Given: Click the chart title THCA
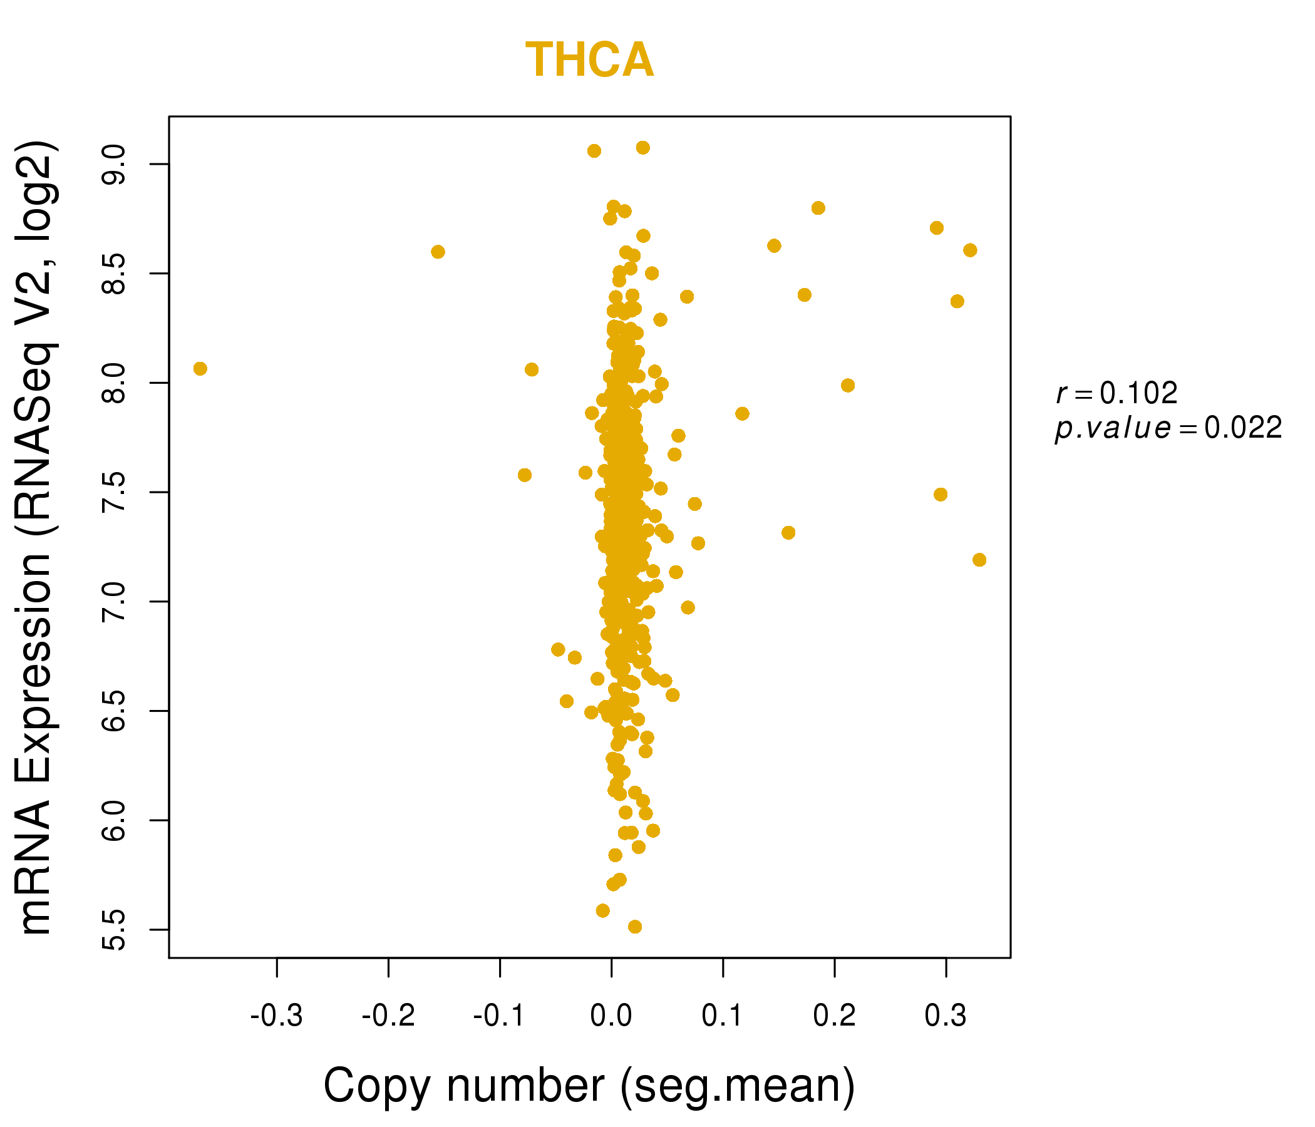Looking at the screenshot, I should (590, 60).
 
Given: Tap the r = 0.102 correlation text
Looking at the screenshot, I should (1117, 393).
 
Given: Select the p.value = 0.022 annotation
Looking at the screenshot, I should (1168, 428).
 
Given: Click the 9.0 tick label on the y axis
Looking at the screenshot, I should (114, 164).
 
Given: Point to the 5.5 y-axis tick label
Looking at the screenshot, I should (114, 930).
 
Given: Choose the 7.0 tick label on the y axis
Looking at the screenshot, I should (114, 602).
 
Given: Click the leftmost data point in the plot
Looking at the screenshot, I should (200, 369).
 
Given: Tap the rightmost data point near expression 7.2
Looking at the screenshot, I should (979, 560).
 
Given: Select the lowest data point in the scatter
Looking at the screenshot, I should (635, 927).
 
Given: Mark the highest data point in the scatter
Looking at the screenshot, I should (643, 148).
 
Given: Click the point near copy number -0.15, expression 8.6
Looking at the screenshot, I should (438, 252).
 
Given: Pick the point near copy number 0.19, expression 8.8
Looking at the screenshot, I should (818, 208).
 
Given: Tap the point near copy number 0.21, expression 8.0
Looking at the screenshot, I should (848, 386).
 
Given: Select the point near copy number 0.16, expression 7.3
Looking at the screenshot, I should (788, 533).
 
